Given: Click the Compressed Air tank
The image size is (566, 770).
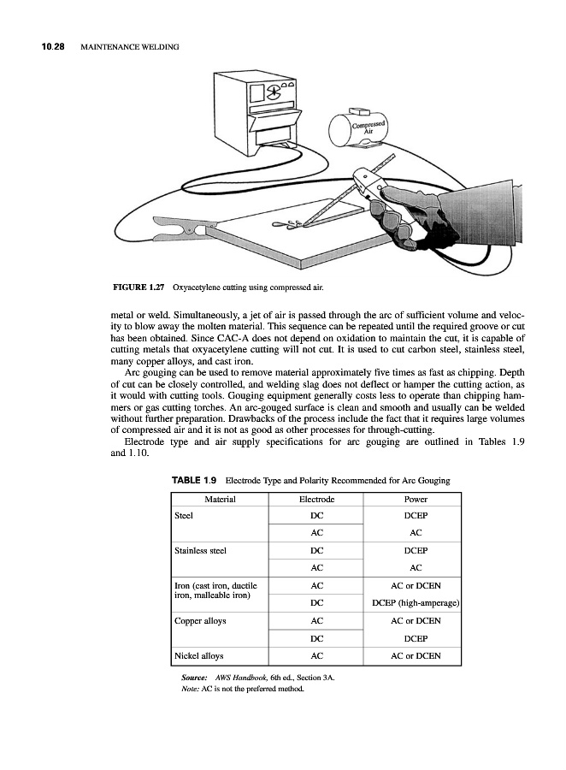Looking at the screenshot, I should coord(363,128).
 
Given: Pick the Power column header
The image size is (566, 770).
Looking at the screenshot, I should coord(414,499).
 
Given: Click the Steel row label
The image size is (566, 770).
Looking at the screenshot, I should coord(184,516).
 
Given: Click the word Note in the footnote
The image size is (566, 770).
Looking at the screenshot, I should coord(190,687).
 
